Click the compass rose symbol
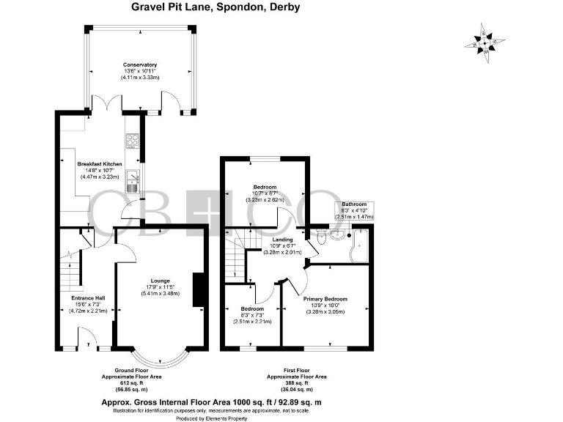point(483,39)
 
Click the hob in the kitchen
point(133,141)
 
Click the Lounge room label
point(161,281)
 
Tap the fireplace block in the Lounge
point(196,289)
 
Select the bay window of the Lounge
point(161,357)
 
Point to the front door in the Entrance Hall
point(87,338)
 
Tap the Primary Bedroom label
point(325,299)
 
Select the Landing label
point(282,240)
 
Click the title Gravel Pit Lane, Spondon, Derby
point(205,8)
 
